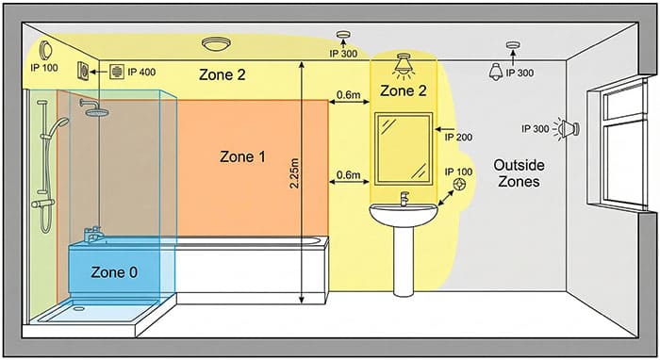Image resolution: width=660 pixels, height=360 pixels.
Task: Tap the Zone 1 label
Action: [x=241, y=156]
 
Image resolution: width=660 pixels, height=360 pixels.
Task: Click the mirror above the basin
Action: [x=404, y=149]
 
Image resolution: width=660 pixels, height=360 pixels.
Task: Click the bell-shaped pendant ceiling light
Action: [x=496, y=71]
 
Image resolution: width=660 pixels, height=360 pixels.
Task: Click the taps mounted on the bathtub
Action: [x=92, y=233]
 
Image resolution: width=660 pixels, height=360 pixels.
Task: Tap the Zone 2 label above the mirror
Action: [x=403, y=91]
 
